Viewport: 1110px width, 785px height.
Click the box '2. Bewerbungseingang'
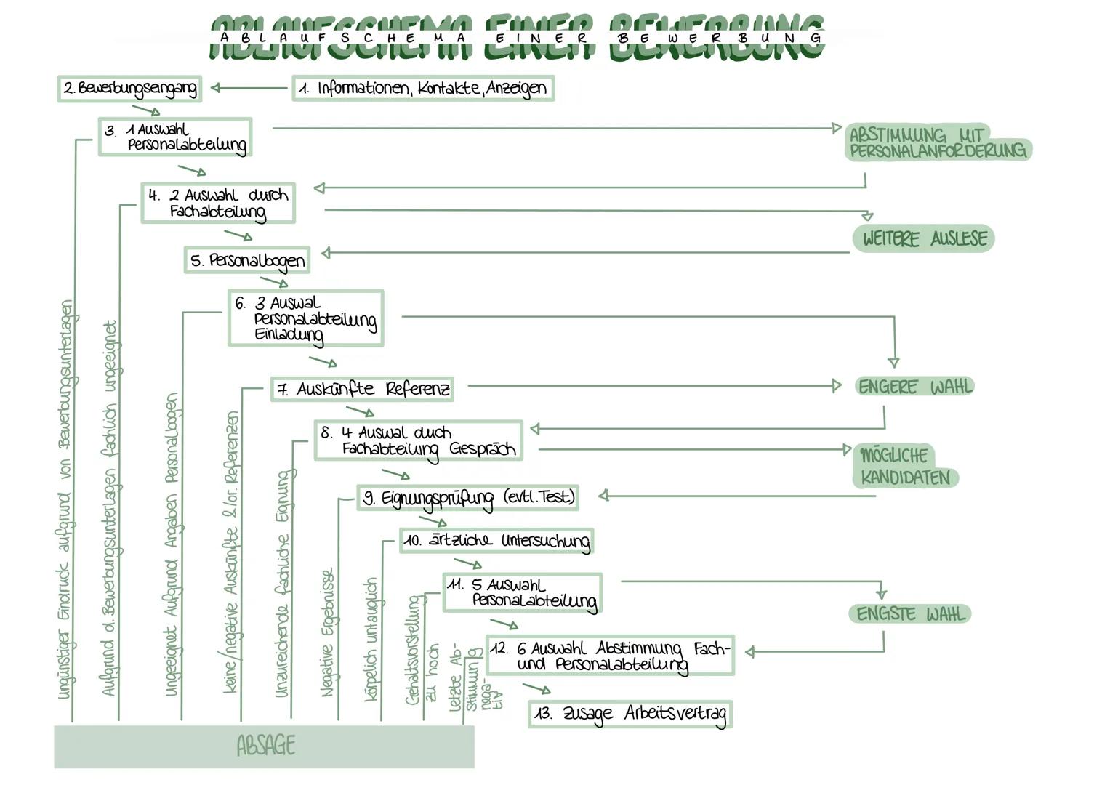[129, 89]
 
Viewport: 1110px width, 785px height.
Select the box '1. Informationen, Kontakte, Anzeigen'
[423, 89]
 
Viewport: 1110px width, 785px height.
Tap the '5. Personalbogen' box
[247, 260]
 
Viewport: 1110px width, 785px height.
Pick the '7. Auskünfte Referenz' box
[362, 389]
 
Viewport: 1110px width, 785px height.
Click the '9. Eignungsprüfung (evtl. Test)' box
[468, 498]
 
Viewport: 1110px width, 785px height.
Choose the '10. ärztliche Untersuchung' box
[496, 542]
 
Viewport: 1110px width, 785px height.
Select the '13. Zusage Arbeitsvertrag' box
[630, 714]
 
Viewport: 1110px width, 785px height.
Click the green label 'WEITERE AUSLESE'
[923, 238]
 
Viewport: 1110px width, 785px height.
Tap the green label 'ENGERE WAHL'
[914, 387]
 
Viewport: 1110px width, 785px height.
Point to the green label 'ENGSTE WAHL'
[910, 614]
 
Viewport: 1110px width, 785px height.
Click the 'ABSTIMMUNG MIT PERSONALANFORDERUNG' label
[938, 142]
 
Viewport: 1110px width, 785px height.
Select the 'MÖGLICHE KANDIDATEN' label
[904, 467]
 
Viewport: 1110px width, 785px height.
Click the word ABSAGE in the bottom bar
[266, 746]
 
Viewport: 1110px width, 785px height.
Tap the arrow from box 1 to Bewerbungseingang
[250, 88]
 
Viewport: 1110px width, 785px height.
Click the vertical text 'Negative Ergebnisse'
[328, 632]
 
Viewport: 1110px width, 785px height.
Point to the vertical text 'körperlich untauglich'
[371, 640]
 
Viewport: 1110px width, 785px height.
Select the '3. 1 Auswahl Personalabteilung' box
[175, 137]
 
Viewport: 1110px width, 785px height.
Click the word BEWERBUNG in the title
[718, 38]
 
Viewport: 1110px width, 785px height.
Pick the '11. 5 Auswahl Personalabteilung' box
[522, 592]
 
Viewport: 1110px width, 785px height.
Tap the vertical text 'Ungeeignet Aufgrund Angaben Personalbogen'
[172, 545]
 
